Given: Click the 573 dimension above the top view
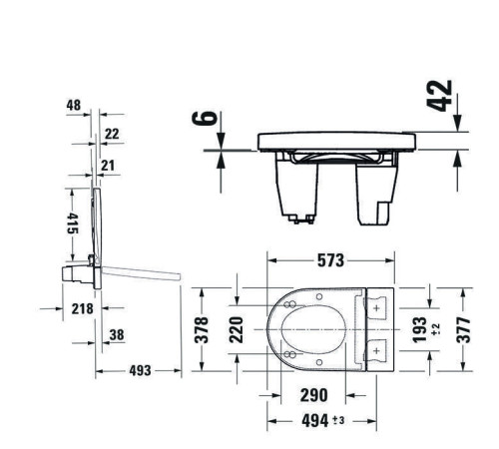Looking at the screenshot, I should coord(330,261).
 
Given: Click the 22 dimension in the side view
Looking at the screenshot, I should coord(111,133).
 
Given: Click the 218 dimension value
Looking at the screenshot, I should coord(83,308).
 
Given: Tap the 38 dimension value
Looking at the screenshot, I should coord(117,335).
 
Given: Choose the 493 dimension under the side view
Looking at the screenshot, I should coord(140,370).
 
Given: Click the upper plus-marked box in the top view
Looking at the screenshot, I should coord(376,309).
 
